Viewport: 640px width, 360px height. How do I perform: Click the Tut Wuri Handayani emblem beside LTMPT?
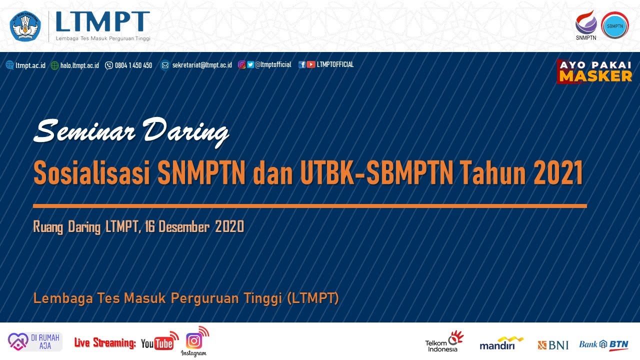point(25,26)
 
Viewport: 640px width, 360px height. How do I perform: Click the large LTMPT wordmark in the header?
point(102,22)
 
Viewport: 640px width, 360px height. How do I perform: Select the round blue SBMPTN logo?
point(614,25)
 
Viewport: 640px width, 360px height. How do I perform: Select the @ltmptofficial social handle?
point(273,64)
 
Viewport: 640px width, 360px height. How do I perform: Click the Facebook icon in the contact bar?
point(302,64)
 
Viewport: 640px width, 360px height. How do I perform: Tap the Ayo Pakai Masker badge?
point(595,71)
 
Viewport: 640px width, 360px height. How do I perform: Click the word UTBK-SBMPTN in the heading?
point(377,173)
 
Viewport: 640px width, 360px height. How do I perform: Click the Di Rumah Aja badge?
point(34,341)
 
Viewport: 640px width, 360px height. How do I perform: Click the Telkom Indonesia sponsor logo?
point(443,341)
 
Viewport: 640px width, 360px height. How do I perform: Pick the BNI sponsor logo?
point(553,344)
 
